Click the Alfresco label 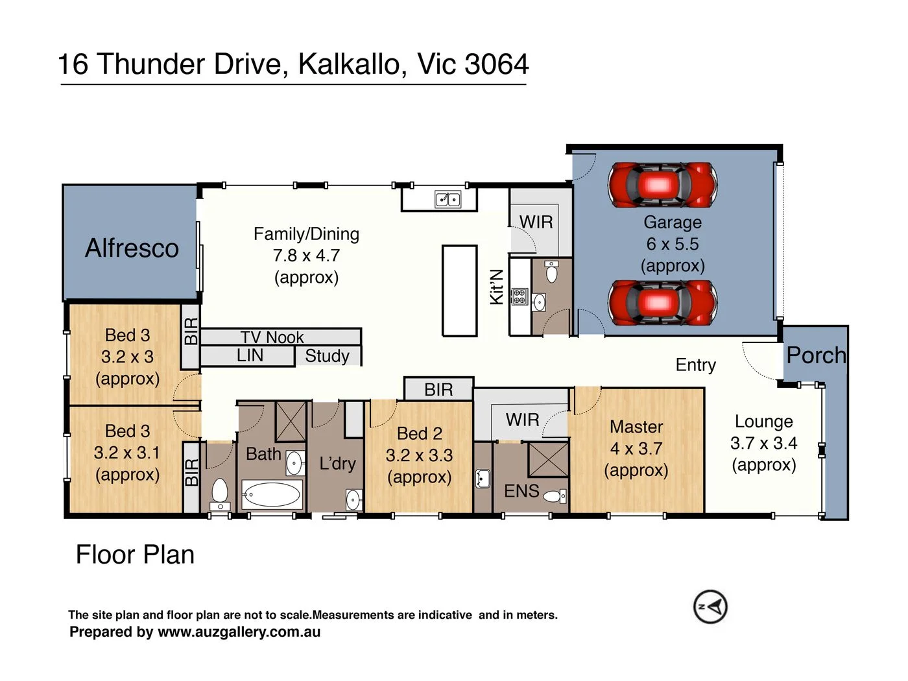(132, 248)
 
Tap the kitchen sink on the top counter (448, 199)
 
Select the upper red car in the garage (662, 185)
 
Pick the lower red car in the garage (662, 303)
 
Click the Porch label (816, 355)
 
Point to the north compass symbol (710, 606)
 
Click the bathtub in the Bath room (272, 494)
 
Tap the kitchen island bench (460, 291)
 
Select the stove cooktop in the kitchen (519, 296)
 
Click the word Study (327, 356)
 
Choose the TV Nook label (272, 337)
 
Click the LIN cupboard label (250, 355)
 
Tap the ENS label (521, 491)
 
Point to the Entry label (695, 365)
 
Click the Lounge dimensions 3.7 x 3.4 (763, 443)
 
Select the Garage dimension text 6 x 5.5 (673, 244)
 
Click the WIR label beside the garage (536, 222)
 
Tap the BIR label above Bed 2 (438, 390)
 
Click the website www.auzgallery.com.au (239, 632)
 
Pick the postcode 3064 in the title (497, 64)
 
